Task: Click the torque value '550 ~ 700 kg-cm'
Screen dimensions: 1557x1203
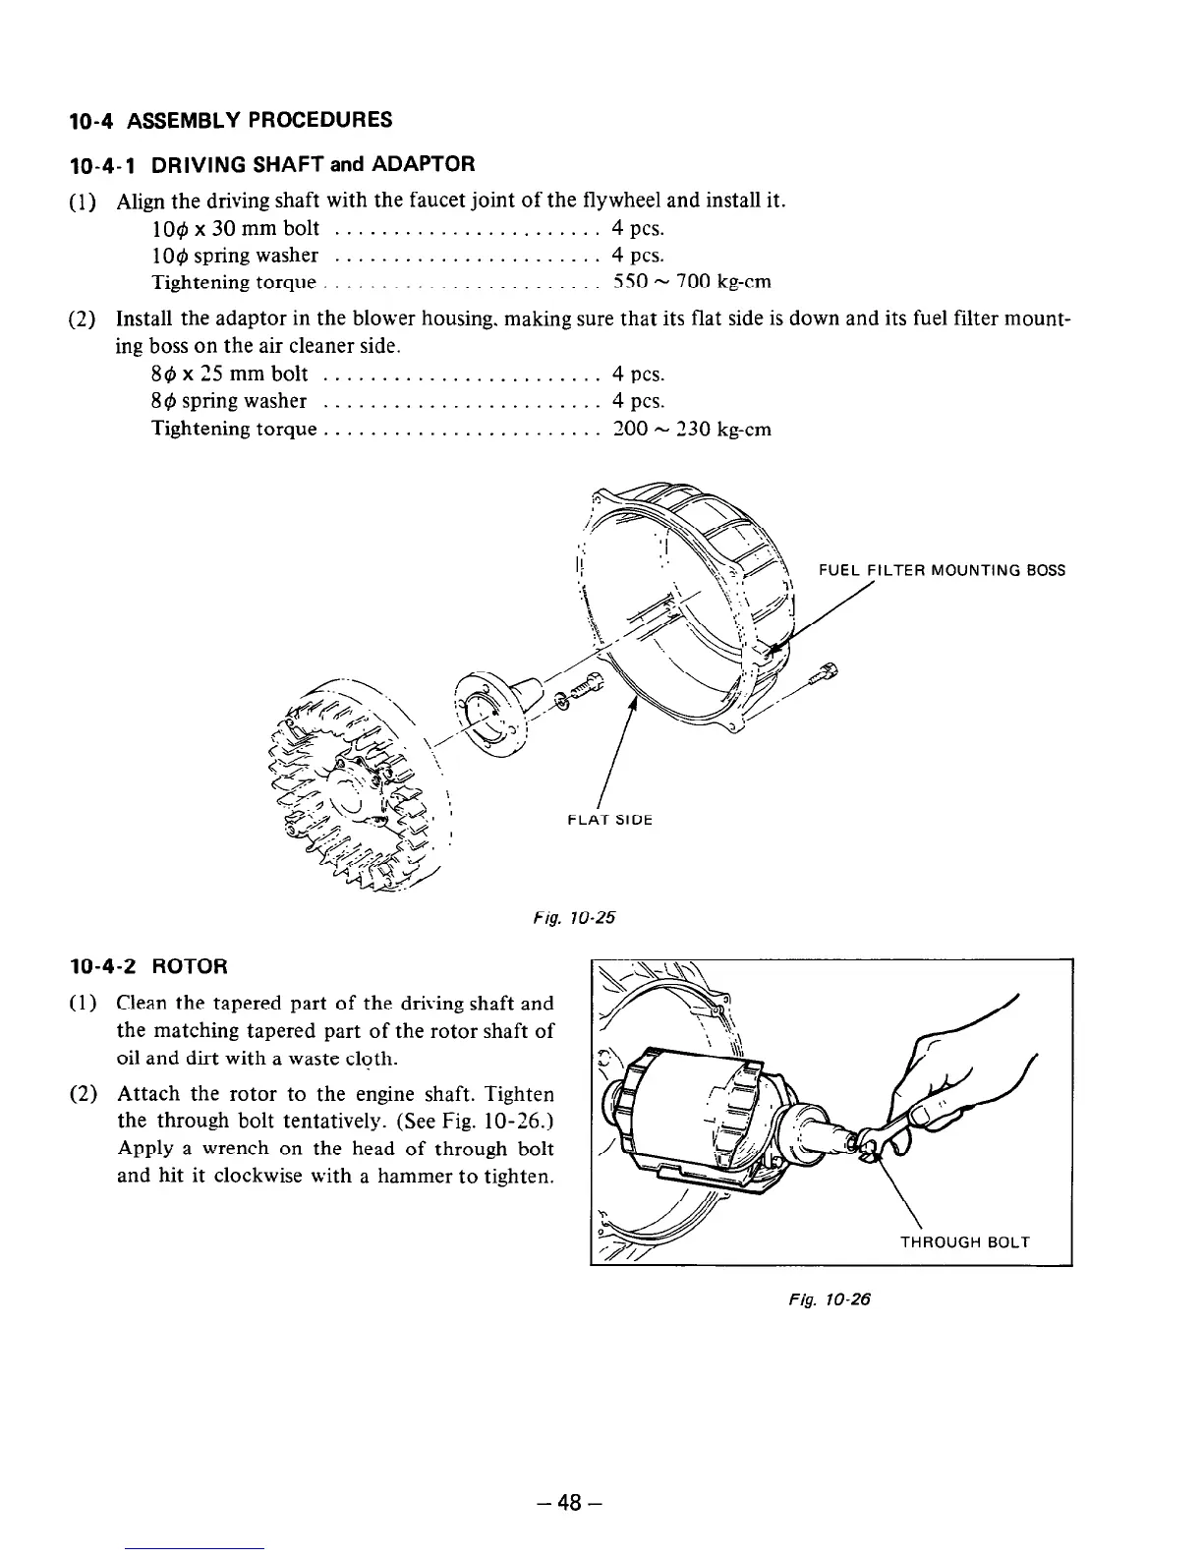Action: (x=692, y=283)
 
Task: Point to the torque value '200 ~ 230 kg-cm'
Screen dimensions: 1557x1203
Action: (x=692, y=430)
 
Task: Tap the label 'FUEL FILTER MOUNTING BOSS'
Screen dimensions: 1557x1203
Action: (x=942, y=570)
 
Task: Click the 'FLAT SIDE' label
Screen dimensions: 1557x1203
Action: (x=610, y=819)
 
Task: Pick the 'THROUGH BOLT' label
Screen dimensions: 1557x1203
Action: (x=965, y=1242)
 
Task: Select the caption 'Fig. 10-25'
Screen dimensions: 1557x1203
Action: (x=575, y=918)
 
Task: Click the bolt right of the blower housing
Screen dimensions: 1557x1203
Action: (x=825, y=676)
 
